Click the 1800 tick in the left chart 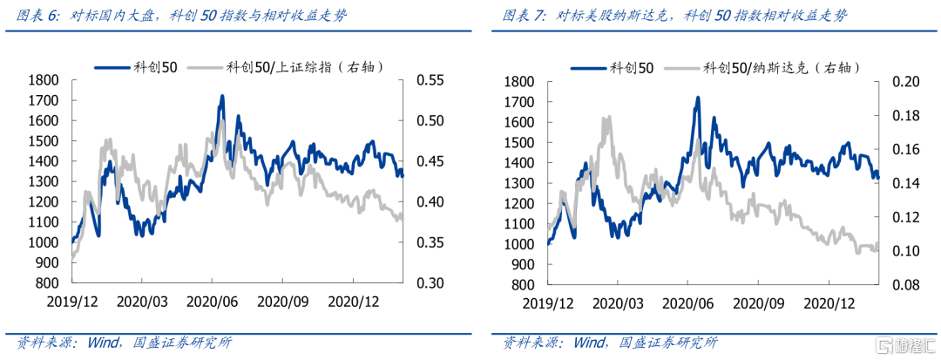tap(44, 80)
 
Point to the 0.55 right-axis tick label tap(429, 80)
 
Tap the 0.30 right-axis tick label tap(429, 283)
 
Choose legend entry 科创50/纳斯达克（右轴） tap(779, 66)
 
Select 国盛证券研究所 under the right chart tap(666, 343)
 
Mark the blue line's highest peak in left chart tap(222, 96)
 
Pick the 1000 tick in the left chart tap(44, 242)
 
